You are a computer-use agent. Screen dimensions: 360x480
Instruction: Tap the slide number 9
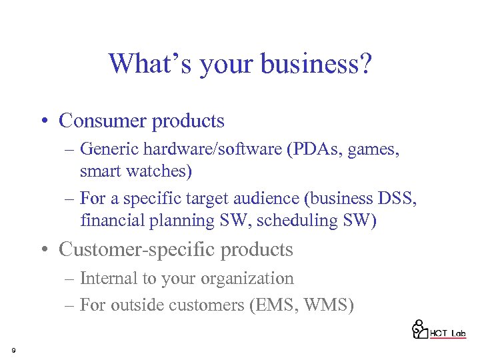click(13, 349)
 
